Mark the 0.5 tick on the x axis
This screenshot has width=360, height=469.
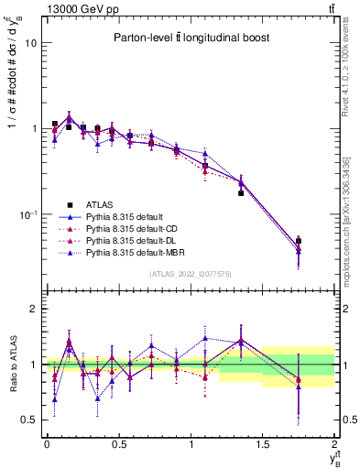[118, 444]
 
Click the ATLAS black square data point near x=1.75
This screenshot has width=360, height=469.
[299, 241]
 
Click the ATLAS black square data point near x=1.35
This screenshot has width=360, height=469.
[241, 193]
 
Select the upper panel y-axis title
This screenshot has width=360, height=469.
[12, 92]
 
